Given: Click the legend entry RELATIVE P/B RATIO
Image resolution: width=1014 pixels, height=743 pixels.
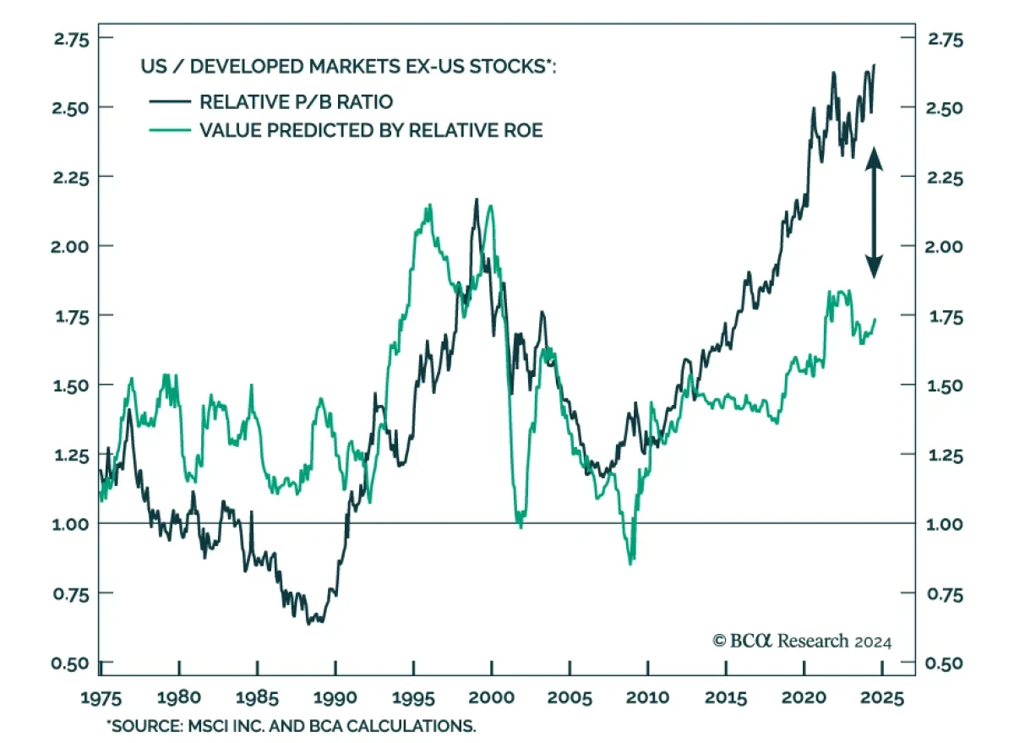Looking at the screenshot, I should tap(296, 102).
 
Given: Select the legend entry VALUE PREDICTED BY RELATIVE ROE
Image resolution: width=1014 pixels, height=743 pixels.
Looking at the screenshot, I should tap(370, 130).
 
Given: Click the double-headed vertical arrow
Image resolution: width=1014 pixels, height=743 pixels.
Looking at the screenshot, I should tap(874, 212).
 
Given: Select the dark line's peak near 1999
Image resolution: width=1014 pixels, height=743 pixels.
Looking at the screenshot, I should tap(476, 199).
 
